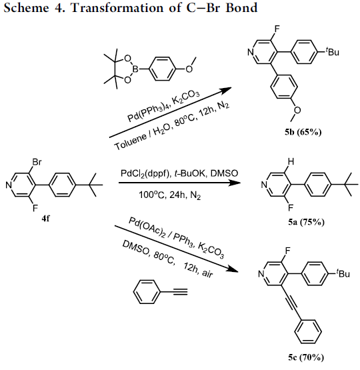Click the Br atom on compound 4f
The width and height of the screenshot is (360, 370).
pyautogui.click(x=37, y=162)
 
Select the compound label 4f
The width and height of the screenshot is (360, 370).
pyautogui.click(x=45, y=219)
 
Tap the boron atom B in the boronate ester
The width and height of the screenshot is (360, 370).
pyautogui.click(x=135, y=69)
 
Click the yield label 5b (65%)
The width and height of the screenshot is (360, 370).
pyautogui.click(x=303, y=132)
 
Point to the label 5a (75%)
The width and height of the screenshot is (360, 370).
pyautogui.click(x=306, y=222)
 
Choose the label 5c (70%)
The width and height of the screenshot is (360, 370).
pyautogui.click(x=306, y=357)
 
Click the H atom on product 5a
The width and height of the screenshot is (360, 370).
pyautogui.click(x=291, y=162)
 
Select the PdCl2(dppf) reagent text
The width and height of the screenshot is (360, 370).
pyautogui.click(x=144, y=174)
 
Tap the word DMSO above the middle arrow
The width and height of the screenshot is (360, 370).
pyautogui.click(x=224, y=173)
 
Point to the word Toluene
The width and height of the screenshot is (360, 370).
pyautogui.click(x=130, y=142)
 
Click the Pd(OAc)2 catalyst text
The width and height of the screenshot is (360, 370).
pyautogui.click(x=147, y=227)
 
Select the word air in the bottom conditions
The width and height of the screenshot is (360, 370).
pyautogui.click(x=207, y=273)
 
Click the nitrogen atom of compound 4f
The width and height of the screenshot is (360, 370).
pyautogui.click(x=9, y=185)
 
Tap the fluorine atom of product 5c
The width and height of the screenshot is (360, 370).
pyautogui.click(x=287, y=251)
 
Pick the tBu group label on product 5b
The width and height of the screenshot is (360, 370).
pyautogui.click(x=333, y=51)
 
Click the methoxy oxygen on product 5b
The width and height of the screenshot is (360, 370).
pyautogui.click(x=297, y=110)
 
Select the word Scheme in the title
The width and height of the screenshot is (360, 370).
pyautogui.click(x=26, y=7)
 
